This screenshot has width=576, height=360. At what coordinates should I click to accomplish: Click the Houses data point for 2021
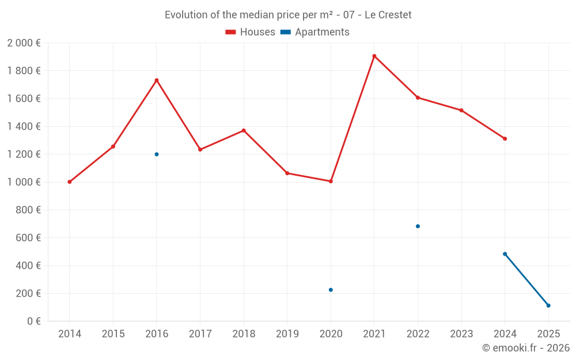(374, 56)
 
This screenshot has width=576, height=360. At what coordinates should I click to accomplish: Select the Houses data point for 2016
(157, 80)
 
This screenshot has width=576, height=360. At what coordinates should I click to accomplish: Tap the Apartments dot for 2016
(157, 154)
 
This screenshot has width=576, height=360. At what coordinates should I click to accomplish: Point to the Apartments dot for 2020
(331, 290)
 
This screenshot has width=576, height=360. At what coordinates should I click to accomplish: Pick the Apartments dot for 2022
(418, 226)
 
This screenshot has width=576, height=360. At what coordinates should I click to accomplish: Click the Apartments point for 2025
(548, 305)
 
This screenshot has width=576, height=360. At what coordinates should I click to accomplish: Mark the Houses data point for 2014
(70, 182)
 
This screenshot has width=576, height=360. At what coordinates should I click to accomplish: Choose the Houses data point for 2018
(244, 130)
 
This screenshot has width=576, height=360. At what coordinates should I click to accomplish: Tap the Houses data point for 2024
(505, 139)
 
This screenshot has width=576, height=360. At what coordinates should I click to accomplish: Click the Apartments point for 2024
(505, 254)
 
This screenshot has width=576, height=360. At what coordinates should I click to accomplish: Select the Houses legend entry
(251, 32)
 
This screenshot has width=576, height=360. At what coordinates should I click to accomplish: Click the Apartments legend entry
(315, 32)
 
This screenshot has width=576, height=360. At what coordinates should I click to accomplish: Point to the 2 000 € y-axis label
(24, 43)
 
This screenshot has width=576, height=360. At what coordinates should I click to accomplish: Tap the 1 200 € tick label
(24, 154)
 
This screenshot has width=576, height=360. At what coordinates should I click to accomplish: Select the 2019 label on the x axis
(287, 334)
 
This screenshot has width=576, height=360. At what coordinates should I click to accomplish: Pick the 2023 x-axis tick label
(461, 334)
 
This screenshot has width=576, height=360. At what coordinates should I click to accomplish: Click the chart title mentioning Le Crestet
(288, 15)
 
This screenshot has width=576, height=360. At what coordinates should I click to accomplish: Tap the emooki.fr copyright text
(525, 348)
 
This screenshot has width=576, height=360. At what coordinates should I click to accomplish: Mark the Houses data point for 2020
(331, 181)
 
